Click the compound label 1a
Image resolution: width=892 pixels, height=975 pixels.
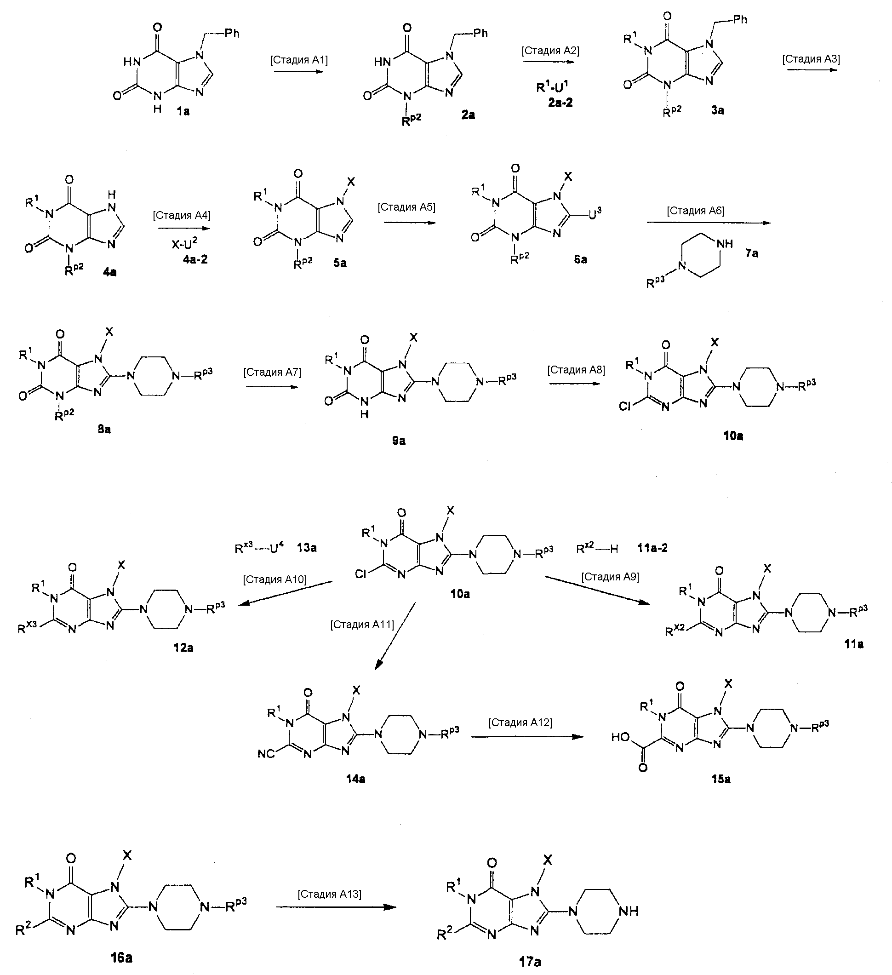click(x=183, y=112)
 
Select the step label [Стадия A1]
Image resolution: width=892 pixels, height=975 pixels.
click(x=298, y=60)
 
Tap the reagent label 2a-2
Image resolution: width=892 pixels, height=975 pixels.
click(x=560, y=103)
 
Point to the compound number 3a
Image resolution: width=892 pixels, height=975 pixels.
click(x=717, y=110)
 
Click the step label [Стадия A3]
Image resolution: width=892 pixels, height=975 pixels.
click(x=811, y=59)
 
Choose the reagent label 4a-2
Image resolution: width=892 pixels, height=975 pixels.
click(x=195, y=260)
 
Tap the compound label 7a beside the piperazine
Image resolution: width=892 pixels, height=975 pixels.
click(x=751, y=253)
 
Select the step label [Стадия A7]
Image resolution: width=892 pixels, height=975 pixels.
click(x=272, y=373)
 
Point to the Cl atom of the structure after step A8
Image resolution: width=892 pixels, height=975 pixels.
click(x=626, y=407)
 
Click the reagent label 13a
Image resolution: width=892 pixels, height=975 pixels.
click(x=307, y=548)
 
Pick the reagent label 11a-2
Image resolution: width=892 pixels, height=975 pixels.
click(x=652, y=548)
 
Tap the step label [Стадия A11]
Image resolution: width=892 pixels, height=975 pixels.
click(x=362, y=625)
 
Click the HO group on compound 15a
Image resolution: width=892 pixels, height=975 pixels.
click(x=621, y=737)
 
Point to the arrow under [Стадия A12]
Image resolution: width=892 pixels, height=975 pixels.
click(x=527, y=737)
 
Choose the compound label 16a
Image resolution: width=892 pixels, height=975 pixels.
click(x=121, y=957)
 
